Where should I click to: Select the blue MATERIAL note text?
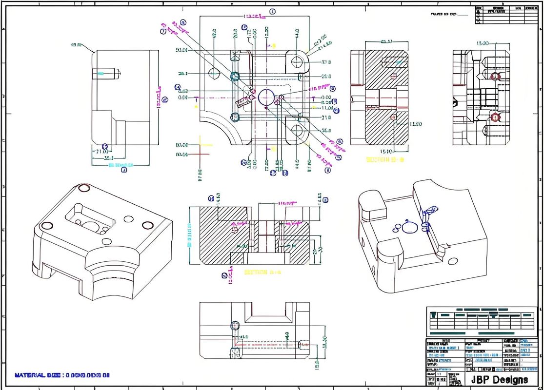(x=62, y=375)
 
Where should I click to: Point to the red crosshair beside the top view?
(x=200, y=155)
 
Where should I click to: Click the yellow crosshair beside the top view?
(x=200, y=145)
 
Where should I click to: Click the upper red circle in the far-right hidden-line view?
(x=495, y=76)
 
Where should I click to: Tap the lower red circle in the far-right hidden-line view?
(x=495, y=117)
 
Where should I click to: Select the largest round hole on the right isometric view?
(x=410, y=228)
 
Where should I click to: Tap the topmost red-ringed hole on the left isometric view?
(x=83, y=188)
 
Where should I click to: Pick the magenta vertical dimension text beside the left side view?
(x=159, y=97)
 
